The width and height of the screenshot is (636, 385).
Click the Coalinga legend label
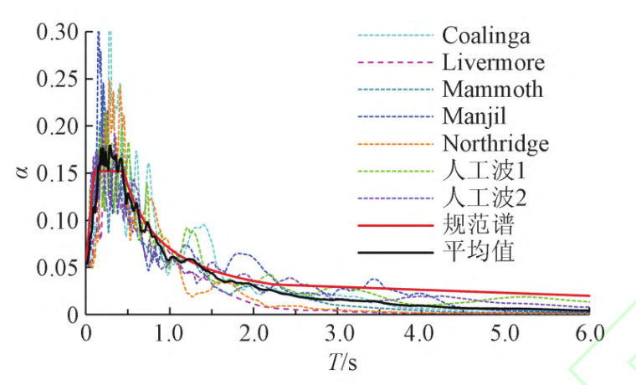[486, 36]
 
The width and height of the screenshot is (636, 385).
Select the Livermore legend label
[493, 63]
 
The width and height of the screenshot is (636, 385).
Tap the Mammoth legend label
[493, 89]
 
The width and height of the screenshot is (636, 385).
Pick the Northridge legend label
[495, 144]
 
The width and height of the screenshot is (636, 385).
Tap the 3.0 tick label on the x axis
[338, 334]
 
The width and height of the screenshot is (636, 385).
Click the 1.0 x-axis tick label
[170, 334]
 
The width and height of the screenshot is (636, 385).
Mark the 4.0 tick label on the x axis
[422, 334]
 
